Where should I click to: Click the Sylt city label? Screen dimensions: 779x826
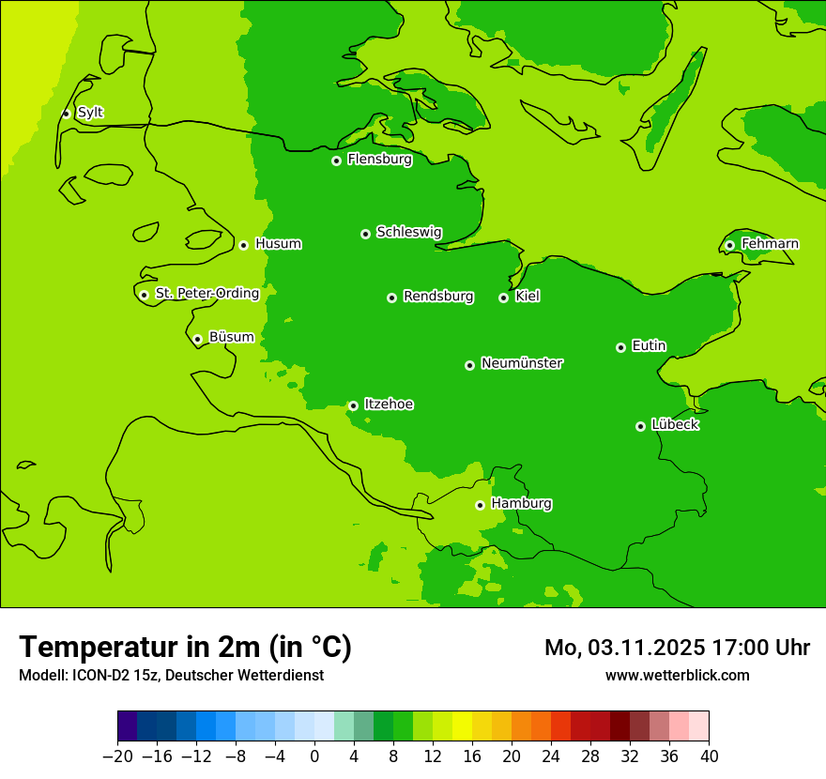coord(90,113)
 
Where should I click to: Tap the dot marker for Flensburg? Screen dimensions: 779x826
coord(336,160)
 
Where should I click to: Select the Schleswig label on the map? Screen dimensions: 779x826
coord(408,232)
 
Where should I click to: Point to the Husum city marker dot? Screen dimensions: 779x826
coord(243,245)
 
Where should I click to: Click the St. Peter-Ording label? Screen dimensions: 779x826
coord(206,294)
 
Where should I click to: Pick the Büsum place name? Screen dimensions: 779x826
coord(231,337)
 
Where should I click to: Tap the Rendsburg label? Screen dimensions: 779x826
coord(437,297)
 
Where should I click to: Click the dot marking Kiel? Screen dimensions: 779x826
coord(503,298)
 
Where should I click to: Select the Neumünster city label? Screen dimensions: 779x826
coord(521,363)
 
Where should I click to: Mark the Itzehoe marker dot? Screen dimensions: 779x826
coord(353,405)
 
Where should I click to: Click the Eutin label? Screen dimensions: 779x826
coord(649,346)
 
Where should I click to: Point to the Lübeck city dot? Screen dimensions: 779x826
coord(640,426)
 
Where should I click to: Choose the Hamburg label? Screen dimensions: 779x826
coord(521,504)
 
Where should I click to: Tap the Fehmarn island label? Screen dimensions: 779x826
coord(770,244)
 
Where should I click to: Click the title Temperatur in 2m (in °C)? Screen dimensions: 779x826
coord(185,647)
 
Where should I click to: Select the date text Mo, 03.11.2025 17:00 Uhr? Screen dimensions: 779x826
coord(677,648)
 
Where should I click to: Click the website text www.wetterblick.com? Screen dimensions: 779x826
coord(677,675)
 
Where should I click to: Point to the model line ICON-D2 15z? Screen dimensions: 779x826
coord(171,675)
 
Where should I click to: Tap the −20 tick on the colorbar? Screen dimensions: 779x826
coord(117,756)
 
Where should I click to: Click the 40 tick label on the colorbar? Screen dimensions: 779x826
coord(709,756)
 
